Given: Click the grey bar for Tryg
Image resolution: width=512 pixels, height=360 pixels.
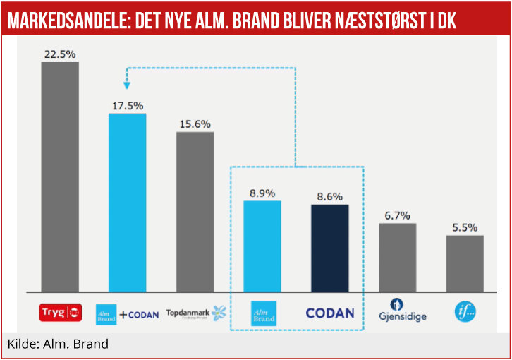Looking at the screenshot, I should pos(60,176).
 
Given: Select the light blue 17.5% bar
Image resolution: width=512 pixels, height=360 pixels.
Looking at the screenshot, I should pos(128,202).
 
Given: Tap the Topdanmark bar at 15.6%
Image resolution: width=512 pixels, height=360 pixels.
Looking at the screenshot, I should pos(195,211).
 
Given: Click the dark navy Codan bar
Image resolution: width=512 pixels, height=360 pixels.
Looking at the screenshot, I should pos(330,248).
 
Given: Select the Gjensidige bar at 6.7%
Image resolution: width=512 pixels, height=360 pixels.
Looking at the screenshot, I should pos(398,257).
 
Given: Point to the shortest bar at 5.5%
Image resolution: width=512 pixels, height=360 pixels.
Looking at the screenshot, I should pos(465,263).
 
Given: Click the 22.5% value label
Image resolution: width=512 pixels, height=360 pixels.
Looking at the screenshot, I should pos(60,54).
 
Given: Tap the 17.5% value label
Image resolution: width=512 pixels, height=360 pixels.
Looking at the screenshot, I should pos(128,105).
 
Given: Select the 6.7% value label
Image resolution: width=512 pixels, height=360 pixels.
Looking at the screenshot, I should pos(398,215).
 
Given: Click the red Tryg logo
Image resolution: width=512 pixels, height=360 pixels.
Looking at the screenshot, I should pos(60,311).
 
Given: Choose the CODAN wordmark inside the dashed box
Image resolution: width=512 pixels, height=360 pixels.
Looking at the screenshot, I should pos(330,312).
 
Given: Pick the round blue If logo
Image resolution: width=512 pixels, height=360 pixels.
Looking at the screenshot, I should pos(465,311).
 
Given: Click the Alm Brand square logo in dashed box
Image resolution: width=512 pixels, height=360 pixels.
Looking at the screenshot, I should pos(264,313).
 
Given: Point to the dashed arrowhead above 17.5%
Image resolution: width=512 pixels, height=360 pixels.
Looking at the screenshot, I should pos(128,85).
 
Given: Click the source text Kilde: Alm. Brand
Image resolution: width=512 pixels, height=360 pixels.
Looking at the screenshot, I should pos(59,344).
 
